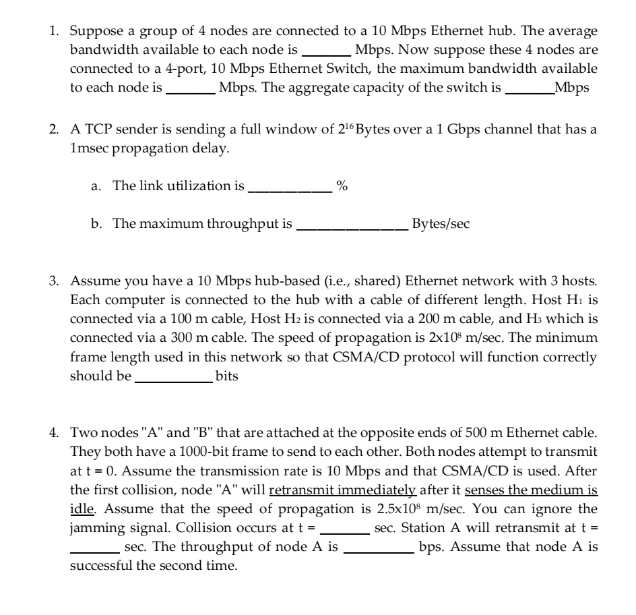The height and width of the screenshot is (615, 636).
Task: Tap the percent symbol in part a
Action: pyautogui.click(x=342, y=187)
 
